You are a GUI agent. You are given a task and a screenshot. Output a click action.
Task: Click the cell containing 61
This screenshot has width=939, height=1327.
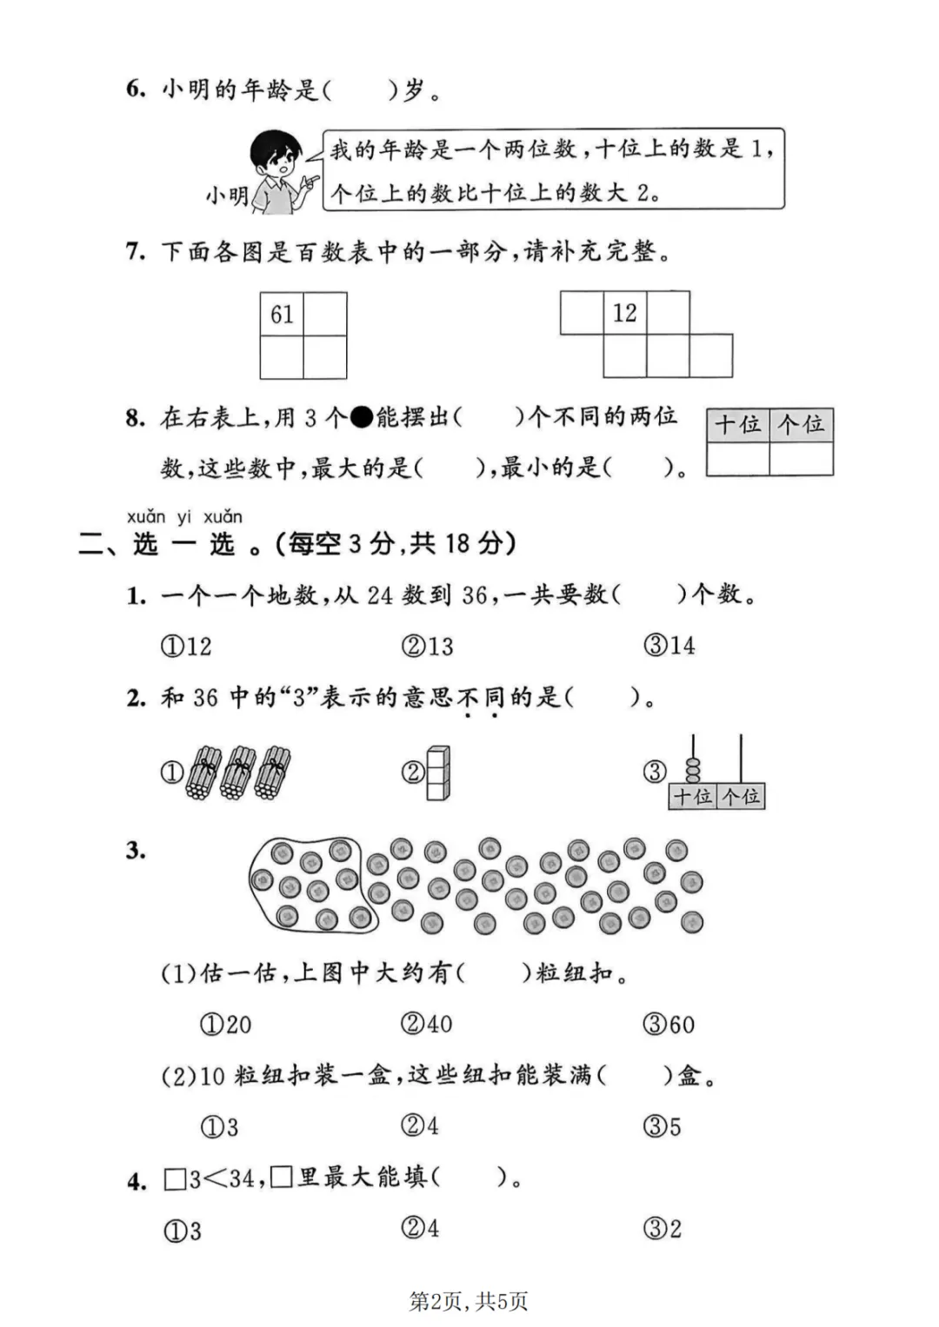pyautogui.click(x=282, y=314)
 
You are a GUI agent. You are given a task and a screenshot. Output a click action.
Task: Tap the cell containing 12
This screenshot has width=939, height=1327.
pyautogui.click(x=624, y=313)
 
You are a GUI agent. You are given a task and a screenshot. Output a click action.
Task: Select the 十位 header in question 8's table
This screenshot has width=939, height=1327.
pyautogui.click(x=738, y=425)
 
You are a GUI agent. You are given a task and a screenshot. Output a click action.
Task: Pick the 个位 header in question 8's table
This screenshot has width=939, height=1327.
pyautogui.click(x=802, y=425)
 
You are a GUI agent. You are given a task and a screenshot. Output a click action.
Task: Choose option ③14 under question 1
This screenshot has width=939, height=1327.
pyautogui.click(x=669, y=646)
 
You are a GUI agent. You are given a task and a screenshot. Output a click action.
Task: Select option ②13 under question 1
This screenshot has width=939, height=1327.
pyautogui.click(x=428, y=647)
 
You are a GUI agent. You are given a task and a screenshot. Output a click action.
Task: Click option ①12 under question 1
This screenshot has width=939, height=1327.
pyautogui.click(x=186, y=647)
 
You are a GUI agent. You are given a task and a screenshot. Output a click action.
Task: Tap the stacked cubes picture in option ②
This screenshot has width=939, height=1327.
pyautogui.click(x=438, y=773)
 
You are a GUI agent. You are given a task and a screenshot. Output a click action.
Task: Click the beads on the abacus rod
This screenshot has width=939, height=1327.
pyautogui.click(x=693, y=769)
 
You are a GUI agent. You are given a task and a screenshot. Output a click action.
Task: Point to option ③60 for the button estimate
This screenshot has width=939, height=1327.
pyautogui.click(x=669, y=1025)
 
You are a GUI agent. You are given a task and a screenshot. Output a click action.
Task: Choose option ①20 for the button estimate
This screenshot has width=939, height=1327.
pyautogui.click(x=226, y=1025)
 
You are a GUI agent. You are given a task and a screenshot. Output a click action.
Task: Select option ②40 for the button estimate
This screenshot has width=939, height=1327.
pyautogui.click(x=427, y=1025)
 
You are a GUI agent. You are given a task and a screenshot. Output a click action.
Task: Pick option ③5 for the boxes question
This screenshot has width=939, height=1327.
pyautogui.click(x=663, y=1127)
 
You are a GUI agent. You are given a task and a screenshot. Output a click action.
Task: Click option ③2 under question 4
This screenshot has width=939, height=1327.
pyautogui.click(x=663, y=1229)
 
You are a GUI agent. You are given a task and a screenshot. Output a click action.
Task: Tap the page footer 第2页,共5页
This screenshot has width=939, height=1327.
pyautogui.click(x=469, y=1301)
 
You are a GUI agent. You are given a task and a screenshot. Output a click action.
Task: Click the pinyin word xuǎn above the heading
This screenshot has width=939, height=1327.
pyautogui.click(x=146, y=518)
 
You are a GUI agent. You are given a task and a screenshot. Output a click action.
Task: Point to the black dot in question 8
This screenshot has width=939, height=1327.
pyautogui.click(x=361, y=418)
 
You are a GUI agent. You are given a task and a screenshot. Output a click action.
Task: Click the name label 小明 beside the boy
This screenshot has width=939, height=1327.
pyautogui.click(x=227, y=196)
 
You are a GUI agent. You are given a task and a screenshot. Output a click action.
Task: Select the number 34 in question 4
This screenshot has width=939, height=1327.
pyautogui.click(x=241, y=1179)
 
